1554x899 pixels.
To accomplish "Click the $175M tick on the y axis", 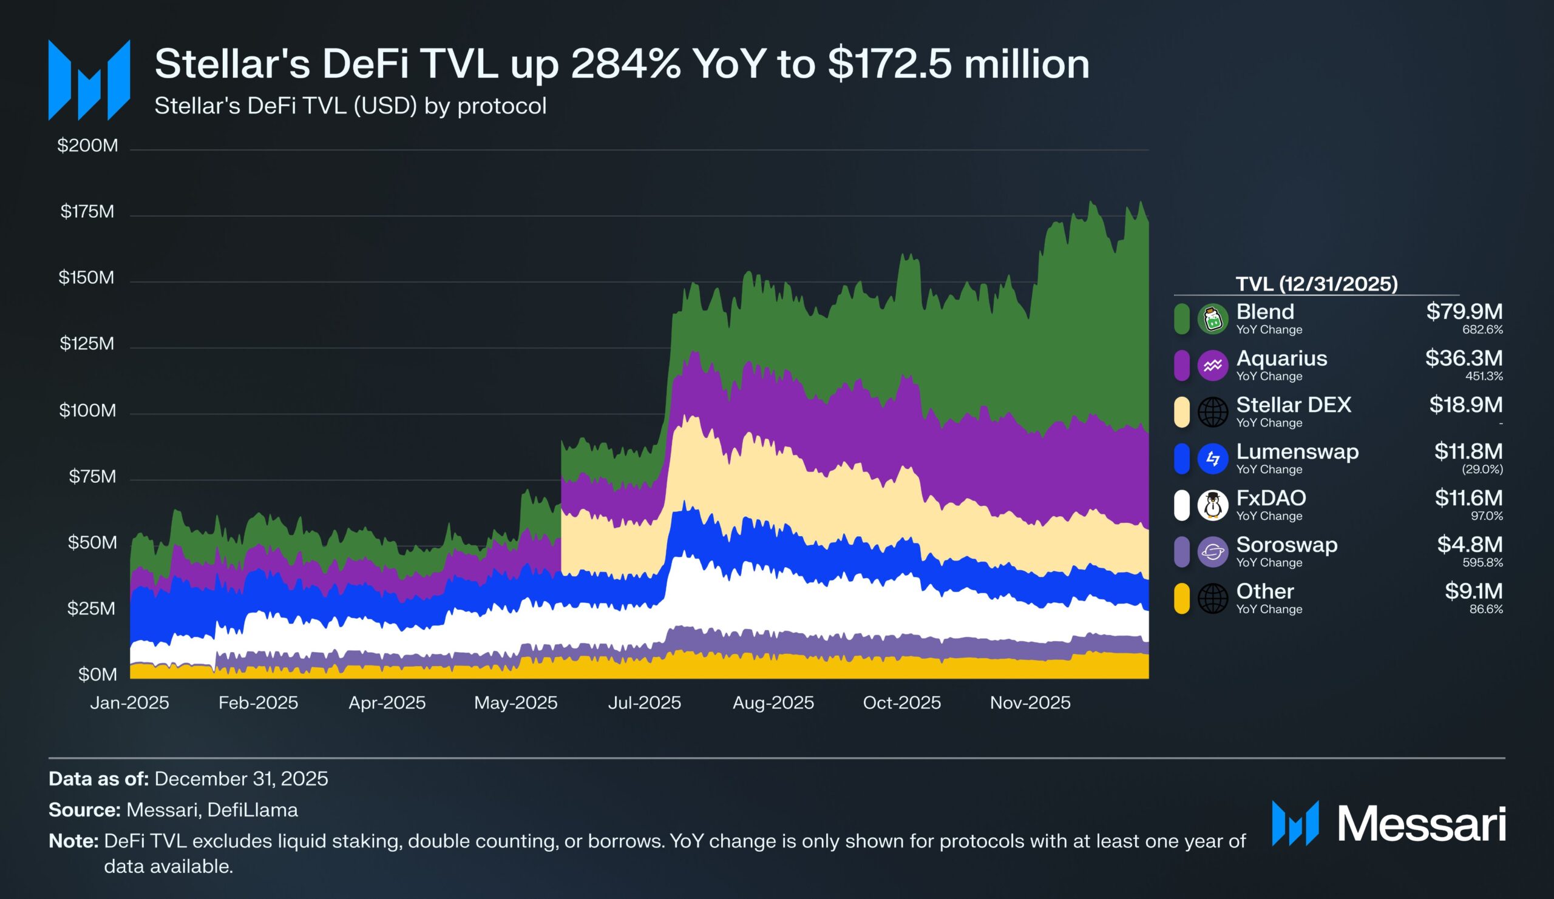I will point(87,212).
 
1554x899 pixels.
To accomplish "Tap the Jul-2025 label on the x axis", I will point(645,702).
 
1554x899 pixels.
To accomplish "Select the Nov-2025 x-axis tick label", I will point(1030,702).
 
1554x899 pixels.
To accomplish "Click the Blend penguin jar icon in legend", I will point(1212,319).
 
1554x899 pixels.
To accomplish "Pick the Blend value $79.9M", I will point(1464,312).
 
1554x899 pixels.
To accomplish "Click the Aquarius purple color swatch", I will point(1181,365).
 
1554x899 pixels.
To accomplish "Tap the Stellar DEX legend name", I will point(1293,405).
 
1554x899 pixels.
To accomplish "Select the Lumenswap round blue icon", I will point(1212,459).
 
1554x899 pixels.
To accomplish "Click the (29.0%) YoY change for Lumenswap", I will point(1482,470).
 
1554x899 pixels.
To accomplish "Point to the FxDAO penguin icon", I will point(1212,505).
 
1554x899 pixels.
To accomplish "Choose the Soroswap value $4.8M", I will point(1470,545).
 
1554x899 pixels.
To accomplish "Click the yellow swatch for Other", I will point(1181,598).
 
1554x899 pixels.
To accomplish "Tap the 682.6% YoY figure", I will point(1482,329).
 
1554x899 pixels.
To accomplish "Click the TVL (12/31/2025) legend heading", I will point(1316,284).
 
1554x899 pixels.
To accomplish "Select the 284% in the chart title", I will point(625,64).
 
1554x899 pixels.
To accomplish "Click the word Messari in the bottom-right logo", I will point(1422,824).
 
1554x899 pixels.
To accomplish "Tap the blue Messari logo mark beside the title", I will point(89,79).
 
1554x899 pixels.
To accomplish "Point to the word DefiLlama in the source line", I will point(252,810).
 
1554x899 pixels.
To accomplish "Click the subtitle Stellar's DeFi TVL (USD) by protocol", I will point(350,106).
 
